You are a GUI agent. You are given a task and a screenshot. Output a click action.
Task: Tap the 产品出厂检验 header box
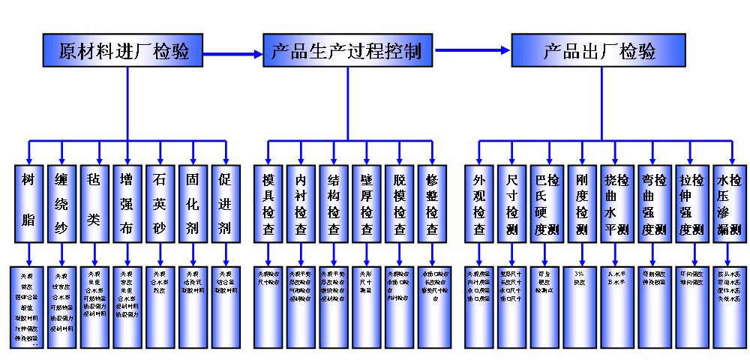pos(598,51)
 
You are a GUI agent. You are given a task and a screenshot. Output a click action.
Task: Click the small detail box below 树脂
pos(27,306)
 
